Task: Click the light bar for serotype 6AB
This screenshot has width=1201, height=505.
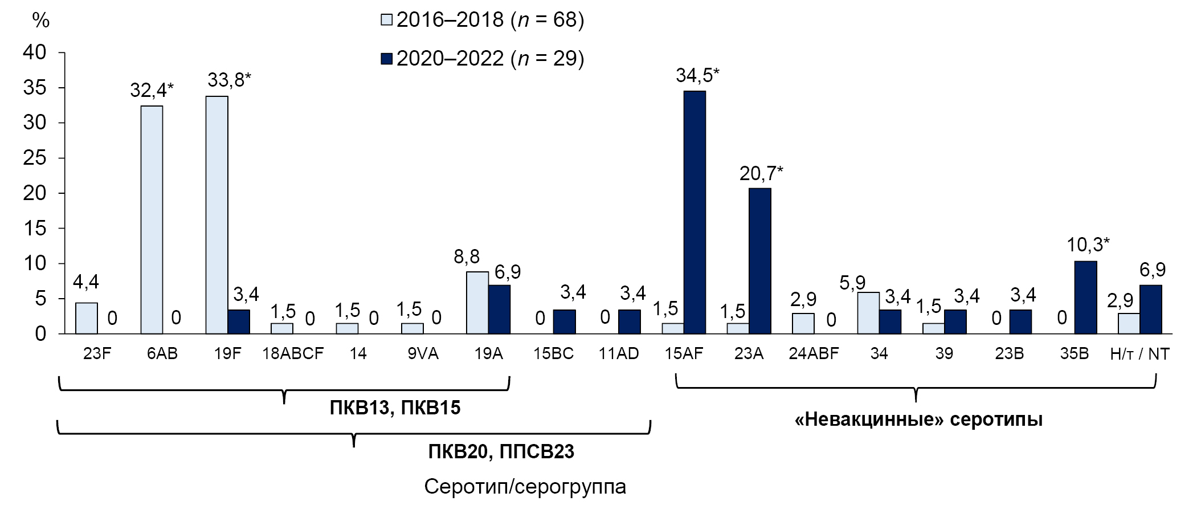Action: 152,219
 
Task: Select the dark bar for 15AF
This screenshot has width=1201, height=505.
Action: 695,212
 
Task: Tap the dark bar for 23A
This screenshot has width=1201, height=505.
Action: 759,260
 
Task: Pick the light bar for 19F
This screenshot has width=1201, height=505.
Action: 216,214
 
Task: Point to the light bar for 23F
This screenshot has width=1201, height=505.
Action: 86,317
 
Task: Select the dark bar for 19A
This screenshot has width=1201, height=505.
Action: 499,309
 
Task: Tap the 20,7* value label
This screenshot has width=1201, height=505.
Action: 761,173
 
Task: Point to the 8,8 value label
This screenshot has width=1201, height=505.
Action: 467,258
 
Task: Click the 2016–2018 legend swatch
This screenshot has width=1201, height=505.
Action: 387,21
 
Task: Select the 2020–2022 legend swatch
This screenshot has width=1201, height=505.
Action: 387,59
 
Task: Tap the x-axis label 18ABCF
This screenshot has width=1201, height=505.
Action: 293,354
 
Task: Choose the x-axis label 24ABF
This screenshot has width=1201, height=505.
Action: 814,354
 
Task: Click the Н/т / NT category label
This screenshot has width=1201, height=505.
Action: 1139,354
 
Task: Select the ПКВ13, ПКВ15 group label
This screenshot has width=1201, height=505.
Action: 395,408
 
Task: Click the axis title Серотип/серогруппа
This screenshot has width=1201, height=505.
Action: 525,487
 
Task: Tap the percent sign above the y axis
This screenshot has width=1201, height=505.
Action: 40,21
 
